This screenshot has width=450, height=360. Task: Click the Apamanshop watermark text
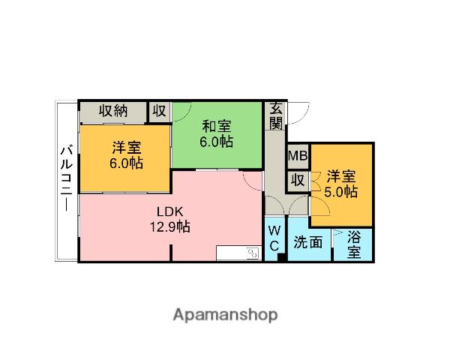coord(225,314)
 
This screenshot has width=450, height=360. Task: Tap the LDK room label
coord(170,211)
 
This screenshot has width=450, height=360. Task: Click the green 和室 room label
coord(215,125)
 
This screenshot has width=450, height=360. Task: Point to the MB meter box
coord(298,156)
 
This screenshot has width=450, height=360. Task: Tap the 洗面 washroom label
coord(308,242)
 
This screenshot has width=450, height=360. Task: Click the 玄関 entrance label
coord(276,115)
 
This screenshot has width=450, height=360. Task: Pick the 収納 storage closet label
coord(112,111)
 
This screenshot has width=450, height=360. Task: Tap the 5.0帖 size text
coord(341,191)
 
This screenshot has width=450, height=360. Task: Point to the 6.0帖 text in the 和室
coord(216,141)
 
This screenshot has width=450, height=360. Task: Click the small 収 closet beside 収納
coord(160,111)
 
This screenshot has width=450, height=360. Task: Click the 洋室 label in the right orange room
coord(341,177)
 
